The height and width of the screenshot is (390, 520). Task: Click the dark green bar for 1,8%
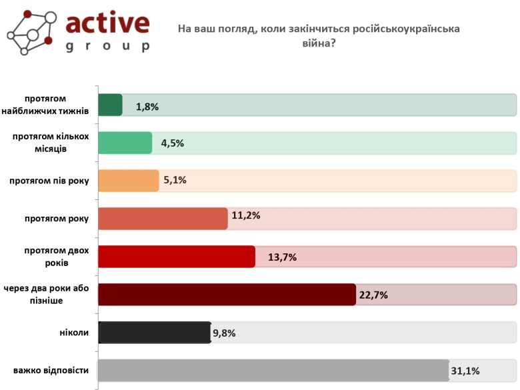coord(110,105)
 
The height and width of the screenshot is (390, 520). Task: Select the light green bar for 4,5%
coord(125,143)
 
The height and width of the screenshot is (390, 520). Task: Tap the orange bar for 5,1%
coord(128,181)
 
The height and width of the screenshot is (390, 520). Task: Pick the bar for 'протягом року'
coord(163,219)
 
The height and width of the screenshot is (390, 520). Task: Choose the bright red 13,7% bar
coord(177,257)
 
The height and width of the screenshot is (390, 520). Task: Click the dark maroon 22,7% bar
coord(227,294)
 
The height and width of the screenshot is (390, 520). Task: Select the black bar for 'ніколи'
coord(155,332)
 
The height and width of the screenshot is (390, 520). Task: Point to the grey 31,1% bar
coord(273,370)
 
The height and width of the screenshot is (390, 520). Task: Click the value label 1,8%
coord(147,106)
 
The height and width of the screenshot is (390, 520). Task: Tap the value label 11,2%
coord(245,215)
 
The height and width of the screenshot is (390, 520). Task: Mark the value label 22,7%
coord(373,295)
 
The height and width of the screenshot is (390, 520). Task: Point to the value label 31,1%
coord(466,371)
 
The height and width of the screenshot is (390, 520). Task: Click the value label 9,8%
coord(224,333)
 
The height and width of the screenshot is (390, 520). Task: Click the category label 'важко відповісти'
coord(51,370)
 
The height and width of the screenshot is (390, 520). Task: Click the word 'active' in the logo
coord(107,23)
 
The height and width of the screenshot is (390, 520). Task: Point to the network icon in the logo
coord(30,32)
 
